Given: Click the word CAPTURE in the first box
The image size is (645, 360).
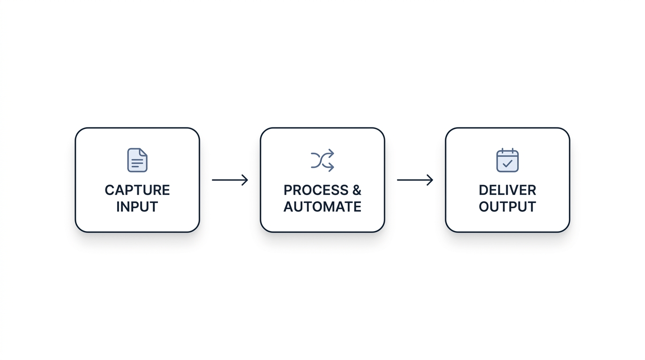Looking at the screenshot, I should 137,190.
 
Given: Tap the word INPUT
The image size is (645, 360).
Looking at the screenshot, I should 137,207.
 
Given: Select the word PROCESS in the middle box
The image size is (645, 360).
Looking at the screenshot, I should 316,190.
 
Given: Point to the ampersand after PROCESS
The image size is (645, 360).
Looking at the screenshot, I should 357,190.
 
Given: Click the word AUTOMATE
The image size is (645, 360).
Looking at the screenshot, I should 322,207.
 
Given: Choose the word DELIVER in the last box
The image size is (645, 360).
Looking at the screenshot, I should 507,190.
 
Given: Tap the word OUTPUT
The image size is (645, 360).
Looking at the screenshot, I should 507,207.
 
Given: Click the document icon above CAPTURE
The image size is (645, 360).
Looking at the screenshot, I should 137,160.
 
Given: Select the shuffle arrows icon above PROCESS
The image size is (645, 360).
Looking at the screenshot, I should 322,160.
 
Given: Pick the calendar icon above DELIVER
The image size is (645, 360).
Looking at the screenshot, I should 507,160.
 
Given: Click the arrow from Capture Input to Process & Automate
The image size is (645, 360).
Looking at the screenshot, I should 230,180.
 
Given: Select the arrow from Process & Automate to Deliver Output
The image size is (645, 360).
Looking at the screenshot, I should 415,180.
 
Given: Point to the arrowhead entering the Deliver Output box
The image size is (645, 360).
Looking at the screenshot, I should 430,180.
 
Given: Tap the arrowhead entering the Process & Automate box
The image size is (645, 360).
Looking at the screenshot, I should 245,180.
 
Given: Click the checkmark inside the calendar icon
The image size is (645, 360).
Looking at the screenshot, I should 507,164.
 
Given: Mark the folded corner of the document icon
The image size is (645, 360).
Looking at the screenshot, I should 143,152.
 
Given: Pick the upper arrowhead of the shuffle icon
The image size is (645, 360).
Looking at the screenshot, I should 331,154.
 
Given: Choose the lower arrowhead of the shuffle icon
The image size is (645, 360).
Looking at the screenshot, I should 331,167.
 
